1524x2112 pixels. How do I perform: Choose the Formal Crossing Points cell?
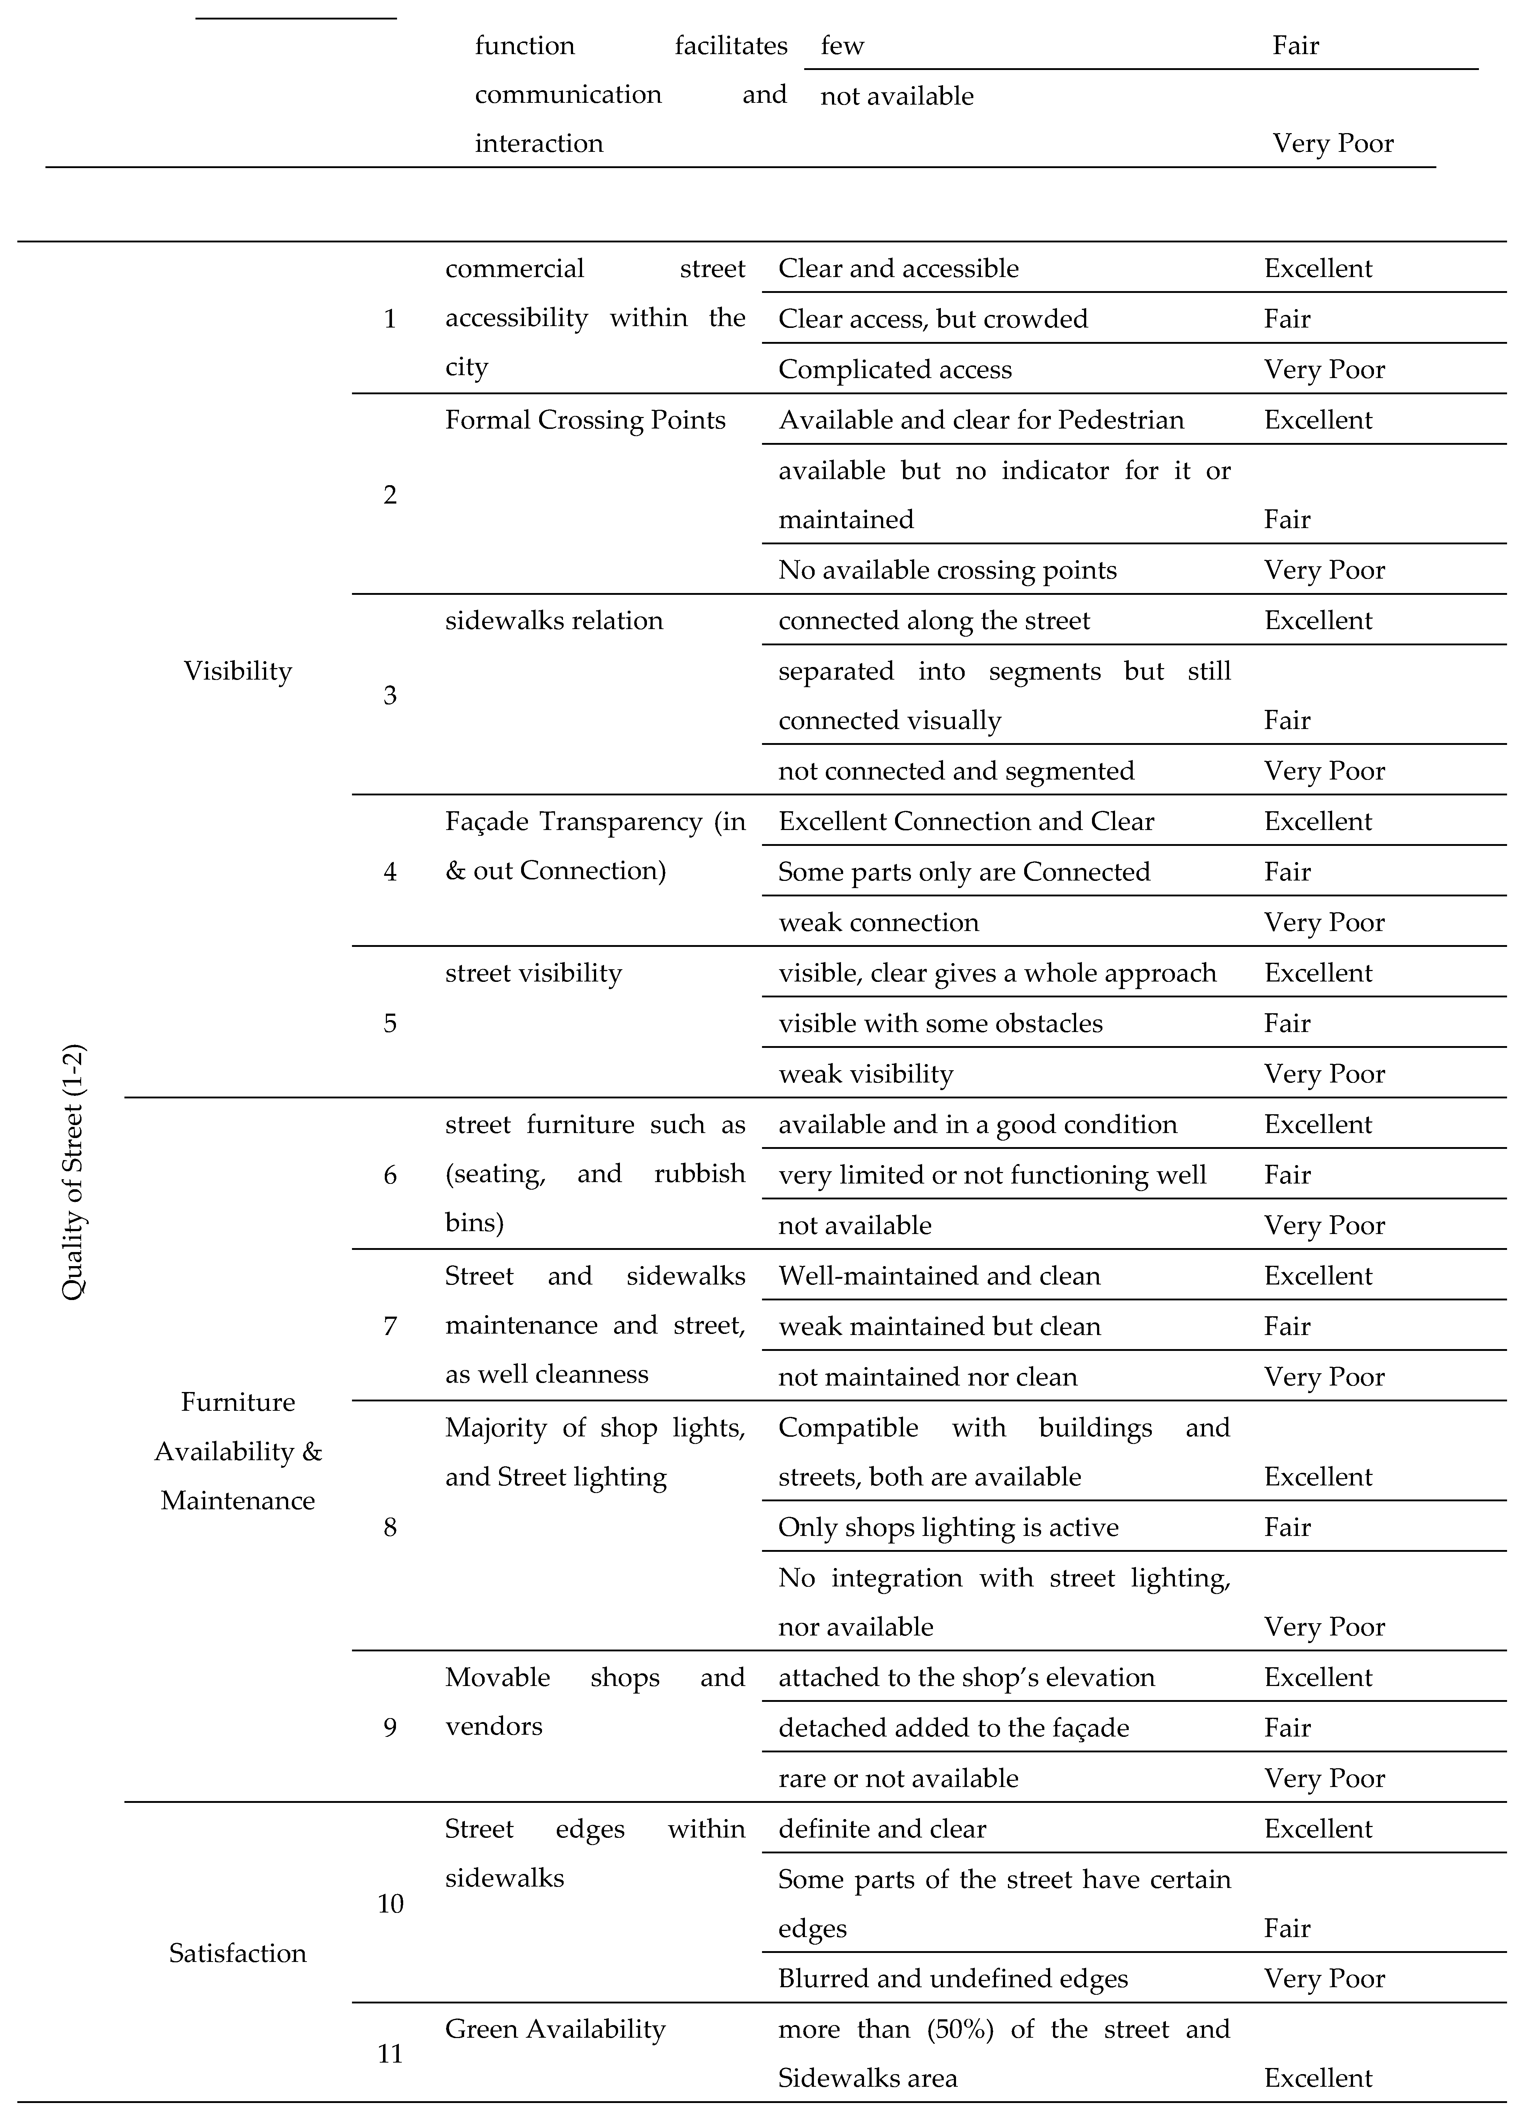(x=585, y=420)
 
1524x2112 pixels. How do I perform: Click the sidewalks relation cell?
(x=554, y=621)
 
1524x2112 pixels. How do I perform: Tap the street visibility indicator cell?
(x=533, y=973)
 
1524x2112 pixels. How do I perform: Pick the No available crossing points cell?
(x=947, y=570)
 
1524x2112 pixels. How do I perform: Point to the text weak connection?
(x=878, y=923)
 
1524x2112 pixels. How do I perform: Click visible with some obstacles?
(x=940, y=1023)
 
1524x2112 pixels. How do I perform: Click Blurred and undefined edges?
(x=952, y=1979)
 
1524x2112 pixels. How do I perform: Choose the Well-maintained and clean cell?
(x=938, y=1276)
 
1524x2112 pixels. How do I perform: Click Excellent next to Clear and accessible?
(x=1317, y=268)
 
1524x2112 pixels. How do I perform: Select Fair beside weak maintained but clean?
(x=1287, y=1326)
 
